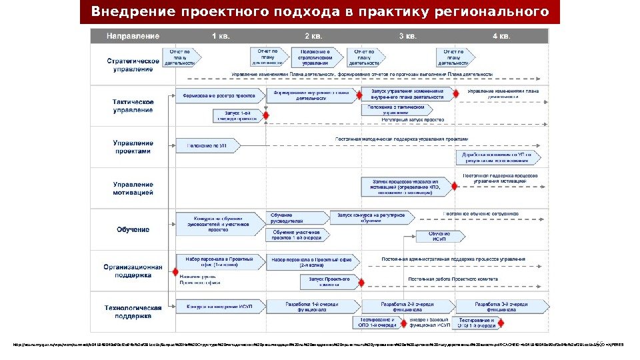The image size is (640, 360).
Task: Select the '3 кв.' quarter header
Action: pos(408,35)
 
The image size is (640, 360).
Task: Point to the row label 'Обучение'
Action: pos(133,229)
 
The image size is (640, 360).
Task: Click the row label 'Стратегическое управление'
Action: pos(133,65)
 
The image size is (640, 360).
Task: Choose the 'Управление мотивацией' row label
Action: pos(133,188)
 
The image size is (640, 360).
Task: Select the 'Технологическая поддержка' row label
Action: pos(133,311)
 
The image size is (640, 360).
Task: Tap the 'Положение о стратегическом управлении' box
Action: pos(315,56)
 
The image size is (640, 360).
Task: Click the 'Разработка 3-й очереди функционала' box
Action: pos(501,306)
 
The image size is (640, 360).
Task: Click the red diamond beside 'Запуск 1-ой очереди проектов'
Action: pos(266,116)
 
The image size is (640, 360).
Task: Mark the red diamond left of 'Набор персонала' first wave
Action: pos(175,272)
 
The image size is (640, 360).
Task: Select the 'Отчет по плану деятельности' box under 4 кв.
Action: pos(455,56)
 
